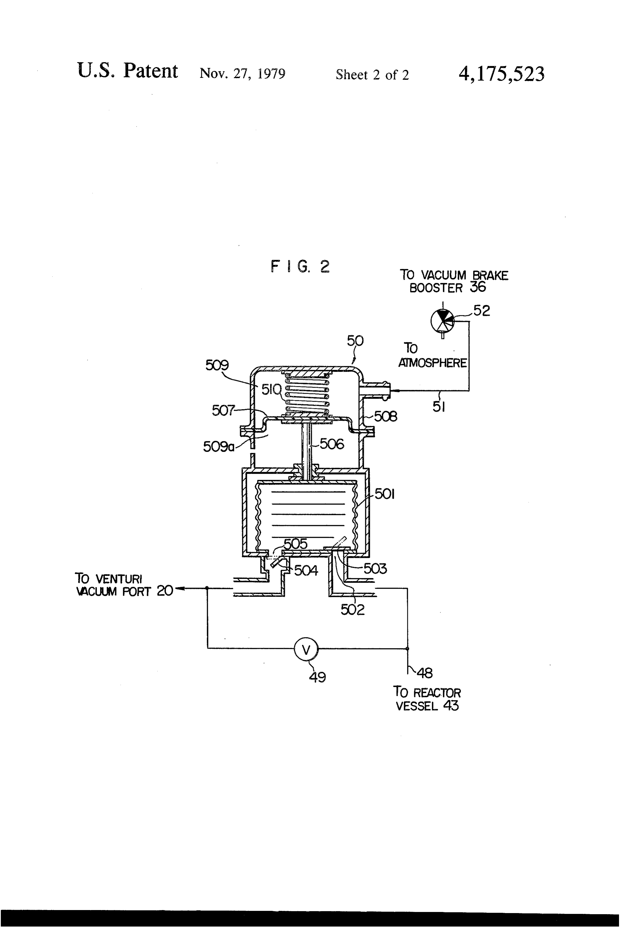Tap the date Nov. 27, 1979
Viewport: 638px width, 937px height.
pyautogui.click(x=242, y=74)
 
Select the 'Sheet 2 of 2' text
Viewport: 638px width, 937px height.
pyautogui.click(x=372, y=75)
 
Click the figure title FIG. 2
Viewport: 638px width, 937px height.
pyautogui.click(x=300, y=266)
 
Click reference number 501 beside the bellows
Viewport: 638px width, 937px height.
pyautogui.click(x=384, y=494)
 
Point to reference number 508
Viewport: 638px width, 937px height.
pyautogui.click(x=386, y=416)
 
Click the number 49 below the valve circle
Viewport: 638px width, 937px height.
pyautogui.click(x=317, y=677)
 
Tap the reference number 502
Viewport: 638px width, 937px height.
pyautogui.click(x=353, y=609)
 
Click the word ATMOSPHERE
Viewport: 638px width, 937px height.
pyautogui.click(x=432, y=363)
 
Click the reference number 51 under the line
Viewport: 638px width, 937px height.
pyautogui.click(x=439, y=407)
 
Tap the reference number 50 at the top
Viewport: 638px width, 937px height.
pyautogui.click(x=355, y=341)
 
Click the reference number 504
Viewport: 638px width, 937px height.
pyautogui.click(x=306, y=571)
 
